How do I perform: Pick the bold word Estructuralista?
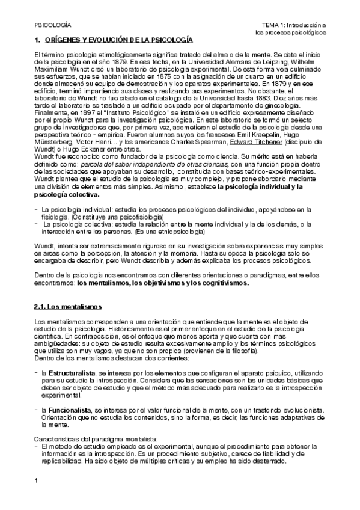pyautogui.click(x=69, y=373)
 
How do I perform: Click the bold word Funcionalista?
pyautogui.click(x=66, y=410)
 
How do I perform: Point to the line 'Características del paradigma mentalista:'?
pyautogui.click(x=88, y=439)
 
